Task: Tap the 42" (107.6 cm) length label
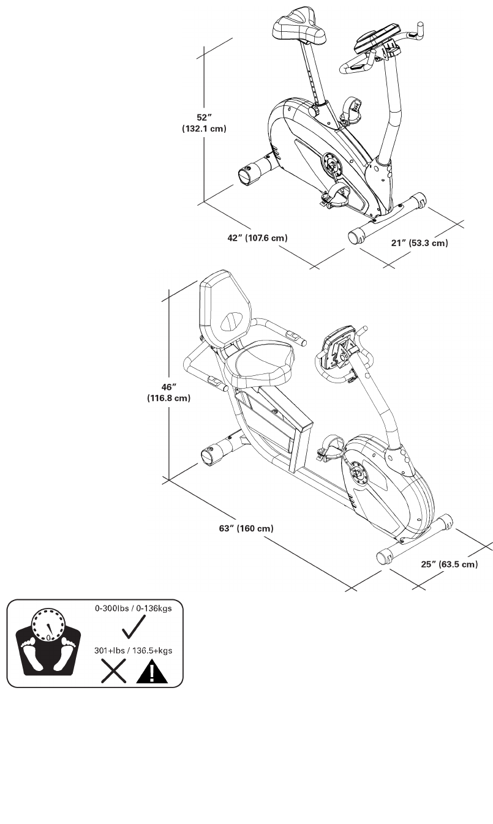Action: pos(257,238)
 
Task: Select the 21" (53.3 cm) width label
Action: pos(420,243)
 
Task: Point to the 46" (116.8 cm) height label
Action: pos(168,392)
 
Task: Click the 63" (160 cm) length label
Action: pos(246,528)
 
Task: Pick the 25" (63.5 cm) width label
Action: pos(450,564)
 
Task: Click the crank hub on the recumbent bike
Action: pos(356,474)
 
